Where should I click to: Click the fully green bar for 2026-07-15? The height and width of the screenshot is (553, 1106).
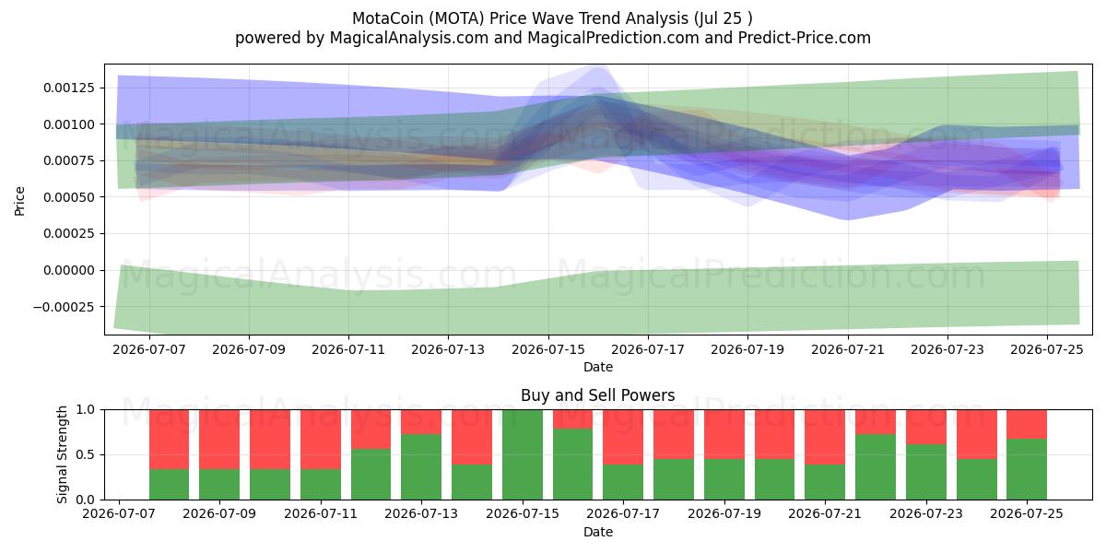coord(523,454)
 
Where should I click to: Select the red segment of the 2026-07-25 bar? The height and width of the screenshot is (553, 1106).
coord(1027,424)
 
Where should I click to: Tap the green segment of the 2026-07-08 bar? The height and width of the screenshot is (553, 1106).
coord(169,484)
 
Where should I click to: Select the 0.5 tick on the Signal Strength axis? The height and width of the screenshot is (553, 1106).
coord(86,454)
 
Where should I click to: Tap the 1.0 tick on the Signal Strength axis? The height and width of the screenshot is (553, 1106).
coord(86,409)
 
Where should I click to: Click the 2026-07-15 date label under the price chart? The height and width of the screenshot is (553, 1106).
coord(548,349)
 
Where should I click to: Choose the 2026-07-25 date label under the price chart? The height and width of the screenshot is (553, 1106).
coord(1047,349)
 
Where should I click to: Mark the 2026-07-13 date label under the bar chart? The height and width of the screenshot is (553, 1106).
coord(421,513)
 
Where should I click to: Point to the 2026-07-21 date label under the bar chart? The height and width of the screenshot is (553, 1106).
coord(825,513)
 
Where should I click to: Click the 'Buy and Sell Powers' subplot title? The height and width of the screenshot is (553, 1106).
coord(598,395)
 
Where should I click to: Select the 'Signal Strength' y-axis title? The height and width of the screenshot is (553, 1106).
coord(62,454)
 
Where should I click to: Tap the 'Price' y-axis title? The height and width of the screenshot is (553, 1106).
coord(19,201)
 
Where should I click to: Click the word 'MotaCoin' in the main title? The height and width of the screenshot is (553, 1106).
coord(388,18)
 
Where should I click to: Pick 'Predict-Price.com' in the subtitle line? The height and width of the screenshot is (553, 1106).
coord(805,38)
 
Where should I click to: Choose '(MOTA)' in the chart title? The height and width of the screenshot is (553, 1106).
coord(456,18)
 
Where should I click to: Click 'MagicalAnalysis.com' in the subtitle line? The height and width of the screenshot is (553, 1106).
coord(409,38)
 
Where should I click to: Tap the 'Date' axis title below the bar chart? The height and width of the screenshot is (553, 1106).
coord(598,533)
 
